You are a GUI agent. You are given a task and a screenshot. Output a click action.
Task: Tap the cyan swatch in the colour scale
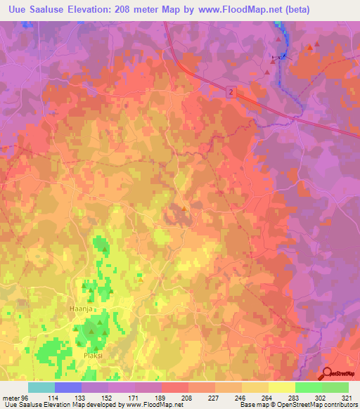pos(41,387)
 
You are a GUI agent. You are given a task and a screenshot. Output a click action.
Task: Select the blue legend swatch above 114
pos(67,387)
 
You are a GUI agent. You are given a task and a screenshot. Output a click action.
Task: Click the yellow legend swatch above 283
pos(282,387)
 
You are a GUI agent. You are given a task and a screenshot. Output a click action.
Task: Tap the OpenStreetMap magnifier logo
pos(328,374)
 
